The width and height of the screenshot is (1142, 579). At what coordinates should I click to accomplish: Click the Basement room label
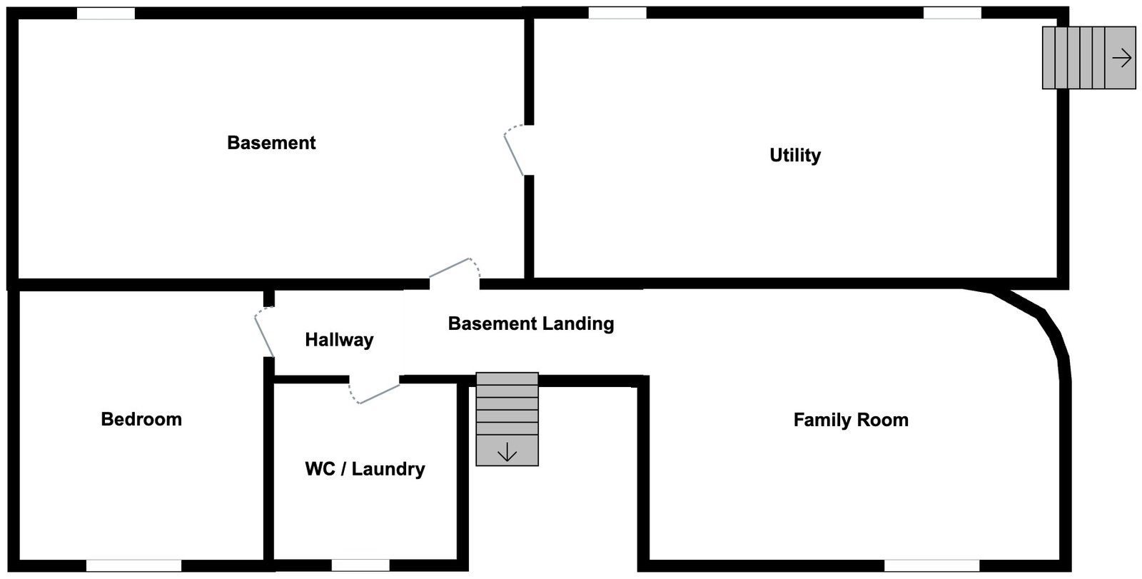[x=271, y=143]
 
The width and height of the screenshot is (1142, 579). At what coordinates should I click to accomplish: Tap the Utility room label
[x=795, y=155]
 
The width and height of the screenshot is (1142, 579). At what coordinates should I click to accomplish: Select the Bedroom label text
[x=141, y=419]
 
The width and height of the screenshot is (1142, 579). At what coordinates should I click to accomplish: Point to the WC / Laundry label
[x=365, y=469]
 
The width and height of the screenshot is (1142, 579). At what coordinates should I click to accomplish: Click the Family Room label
[x=851, y=420]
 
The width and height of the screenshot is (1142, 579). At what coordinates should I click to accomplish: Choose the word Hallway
[x=339, y=340]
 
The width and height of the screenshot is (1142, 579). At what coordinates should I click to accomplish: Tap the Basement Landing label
[x=531, y=323]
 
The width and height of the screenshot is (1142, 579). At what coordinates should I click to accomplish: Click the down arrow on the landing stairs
[x=507, y=452]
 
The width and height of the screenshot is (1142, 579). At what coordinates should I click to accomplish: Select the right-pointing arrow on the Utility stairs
[x=1122, y=58]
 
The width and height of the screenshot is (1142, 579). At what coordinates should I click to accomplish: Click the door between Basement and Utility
[x=515, y=151]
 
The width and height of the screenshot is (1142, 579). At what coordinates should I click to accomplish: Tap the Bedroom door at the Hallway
[x=263, y=332]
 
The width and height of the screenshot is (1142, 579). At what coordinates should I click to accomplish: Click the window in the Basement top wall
[x=106, y=14]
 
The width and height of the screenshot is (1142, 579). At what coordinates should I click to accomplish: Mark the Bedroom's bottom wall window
[x=133, y=565]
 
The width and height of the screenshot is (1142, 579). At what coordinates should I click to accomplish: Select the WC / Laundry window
[x=360, y=565]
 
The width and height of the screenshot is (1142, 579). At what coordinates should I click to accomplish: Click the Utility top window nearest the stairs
[x=952, y=13]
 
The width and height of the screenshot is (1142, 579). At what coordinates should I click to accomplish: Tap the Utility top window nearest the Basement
[x=617, y=13]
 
